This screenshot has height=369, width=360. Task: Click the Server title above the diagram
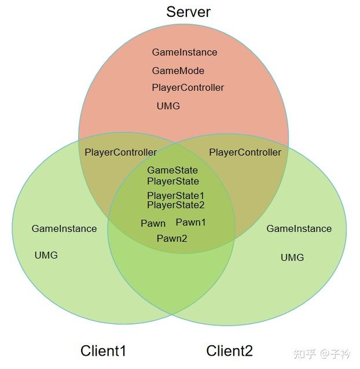[x=188, y=12]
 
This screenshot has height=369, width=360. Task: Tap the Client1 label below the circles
[x=103, y=350]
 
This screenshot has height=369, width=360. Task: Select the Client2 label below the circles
[x=229, y=350]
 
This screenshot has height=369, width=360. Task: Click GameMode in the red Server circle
[x=178, y=71]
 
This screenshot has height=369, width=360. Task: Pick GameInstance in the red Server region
[x=185, y=52]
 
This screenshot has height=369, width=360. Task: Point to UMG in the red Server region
[x=168, y=106]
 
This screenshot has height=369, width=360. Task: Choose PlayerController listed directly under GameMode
[x=188, y=88]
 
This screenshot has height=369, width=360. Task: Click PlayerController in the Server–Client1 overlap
[x=120, y=152]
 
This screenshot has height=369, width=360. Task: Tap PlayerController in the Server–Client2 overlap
[x=245, y=152]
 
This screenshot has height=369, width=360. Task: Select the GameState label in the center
[x=172, y=170]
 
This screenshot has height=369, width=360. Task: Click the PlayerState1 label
[x=175, y=195]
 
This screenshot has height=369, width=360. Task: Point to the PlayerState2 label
[x=175, y=205]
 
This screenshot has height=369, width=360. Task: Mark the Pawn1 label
[x=190, y=222]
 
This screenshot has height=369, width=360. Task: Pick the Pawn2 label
[x=172, y=238]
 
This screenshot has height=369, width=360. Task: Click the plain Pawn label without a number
[x=153, y=223]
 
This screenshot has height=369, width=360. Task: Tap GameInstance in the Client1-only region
[x=64, y=228]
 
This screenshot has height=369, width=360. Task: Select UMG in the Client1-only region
[x=46, y=255]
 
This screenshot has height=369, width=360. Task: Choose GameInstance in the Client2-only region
[x=299, y=228]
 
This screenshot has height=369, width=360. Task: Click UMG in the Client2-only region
[x=292, y=257]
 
